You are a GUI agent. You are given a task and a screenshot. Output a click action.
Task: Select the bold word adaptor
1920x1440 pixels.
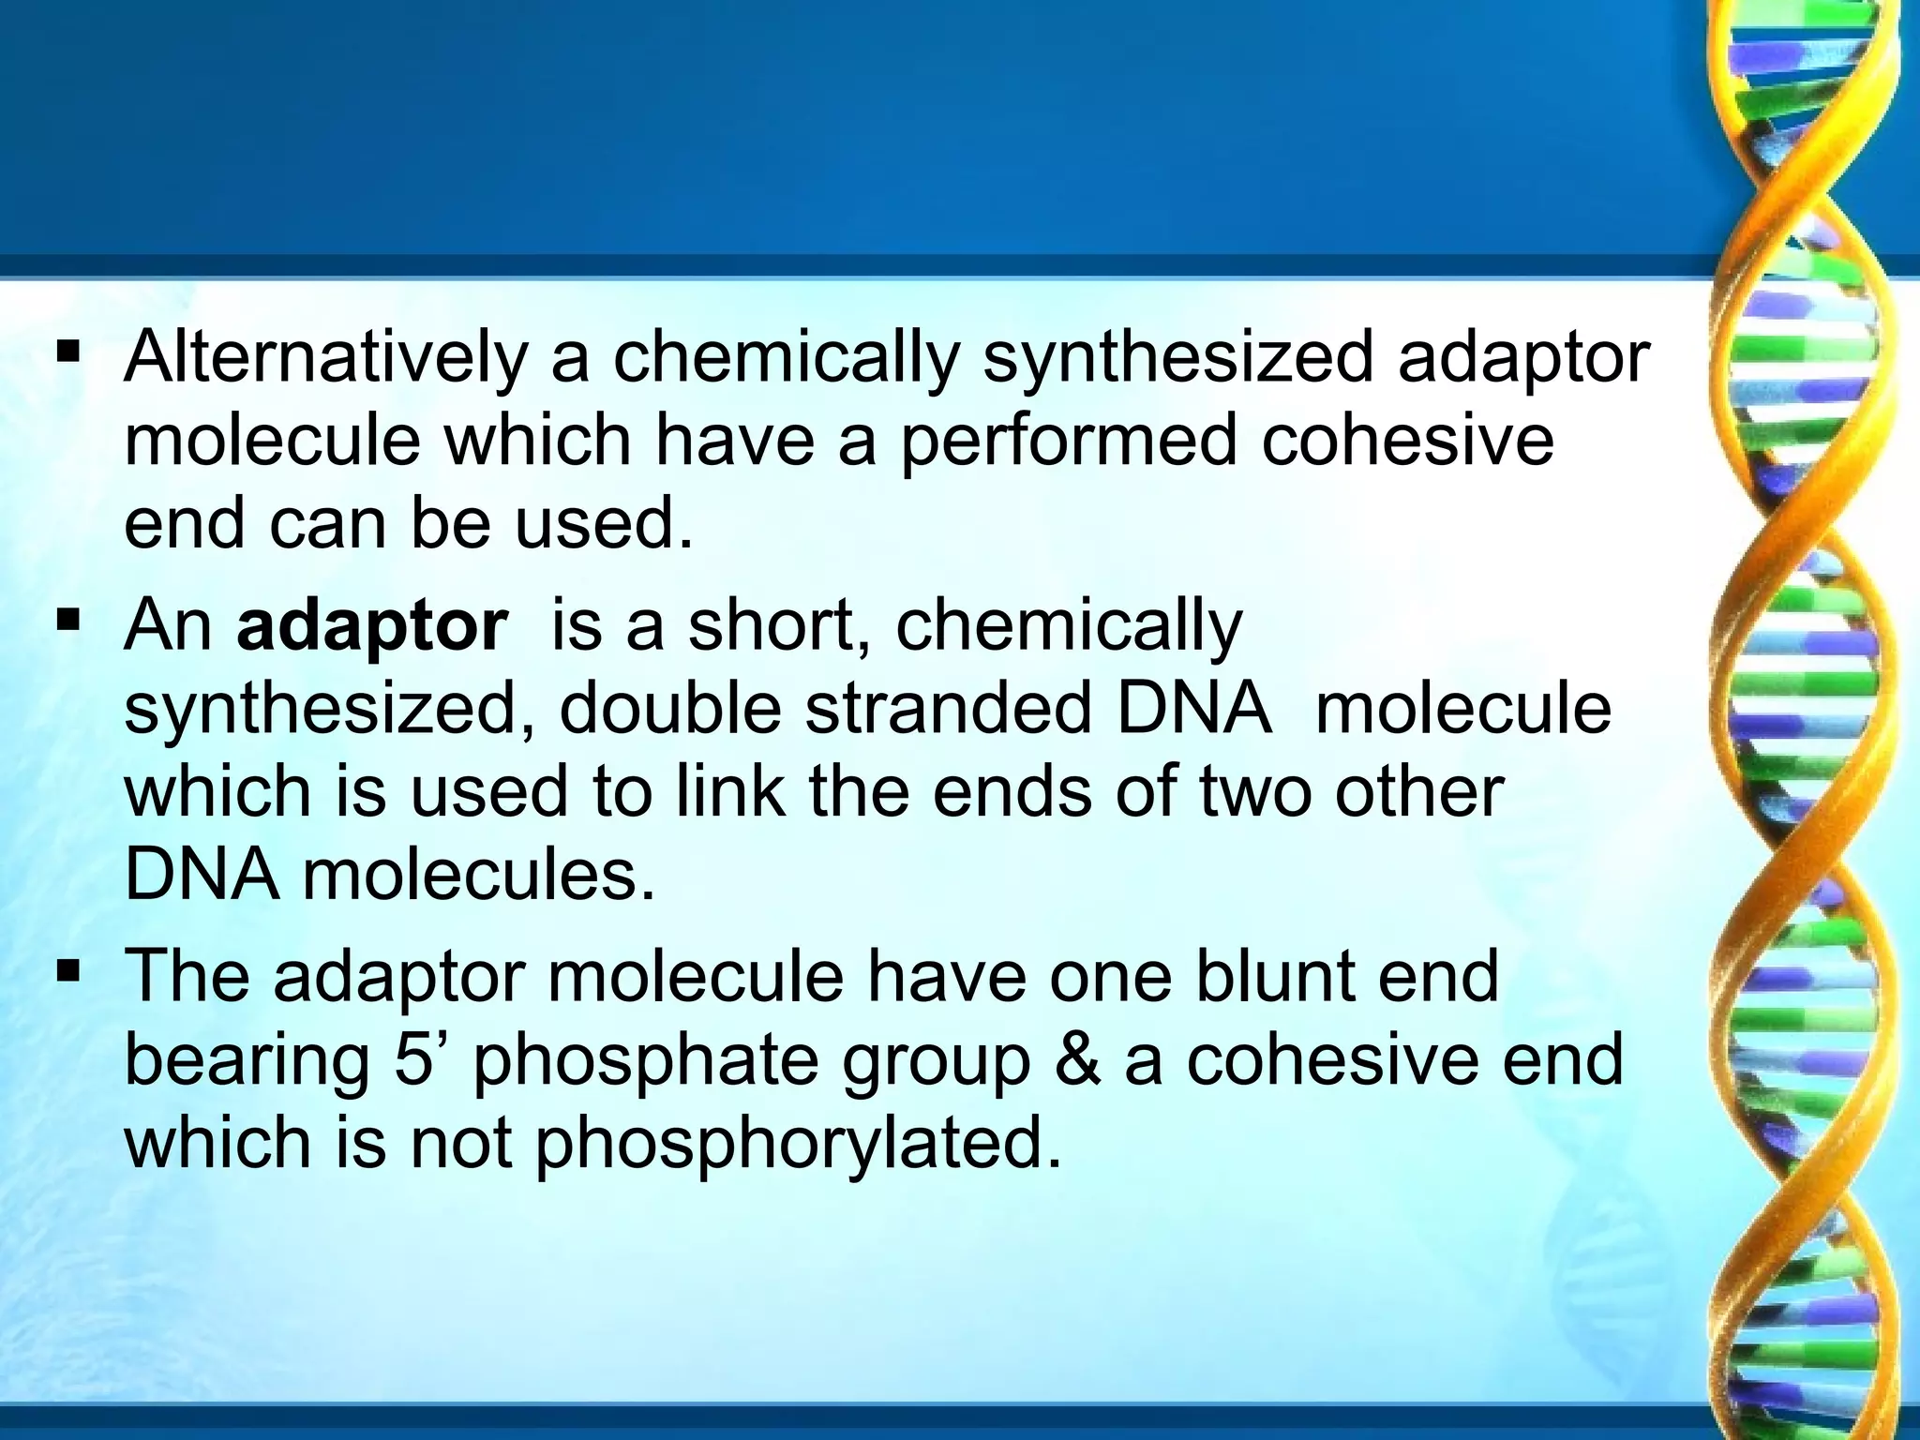point(372,625)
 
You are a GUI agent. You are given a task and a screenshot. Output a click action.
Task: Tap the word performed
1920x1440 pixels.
point(1069,441)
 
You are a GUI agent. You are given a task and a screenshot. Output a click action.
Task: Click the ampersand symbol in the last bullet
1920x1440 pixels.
point(1077,1060)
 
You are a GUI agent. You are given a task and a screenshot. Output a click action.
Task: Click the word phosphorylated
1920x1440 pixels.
point(798,1145)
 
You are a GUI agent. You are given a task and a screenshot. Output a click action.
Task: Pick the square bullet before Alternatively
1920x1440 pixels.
point(68,354)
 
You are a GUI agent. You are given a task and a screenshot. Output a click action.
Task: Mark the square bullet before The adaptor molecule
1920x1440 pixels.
point(68,972)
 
